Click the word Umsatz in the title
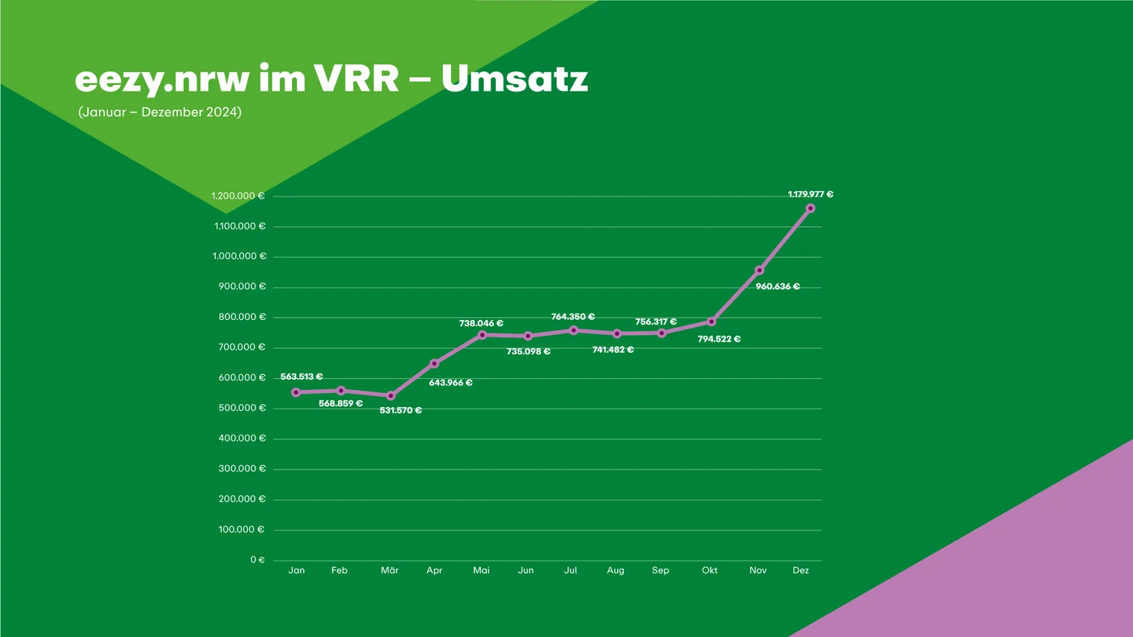(514, 78)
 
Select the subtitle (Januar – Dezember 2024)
(160, 112)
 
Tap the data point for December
(810, 208)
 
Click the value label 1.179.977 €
(811, 194)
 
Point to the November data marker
(759, 271)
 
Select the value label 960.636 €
(777, 287)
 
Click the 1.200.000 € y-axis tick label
(237, 196)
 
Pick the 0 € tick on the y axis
(258, 560)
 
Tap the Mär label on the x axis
(389, 571)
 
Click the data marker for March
(391, 396)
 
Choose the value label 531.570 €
(400, 411)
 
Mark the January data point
(296, 392)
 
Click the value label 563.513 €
(301, 377)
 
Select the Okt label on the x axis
(709, 571)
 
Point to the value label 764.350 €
(572, 317)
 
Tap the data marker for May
(482, 335)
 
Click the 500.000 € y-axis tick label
(242, 409)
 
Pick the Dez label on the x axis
(800, 571)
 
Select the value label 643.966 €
(450, 383)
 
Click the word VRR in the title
(356, 78)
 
